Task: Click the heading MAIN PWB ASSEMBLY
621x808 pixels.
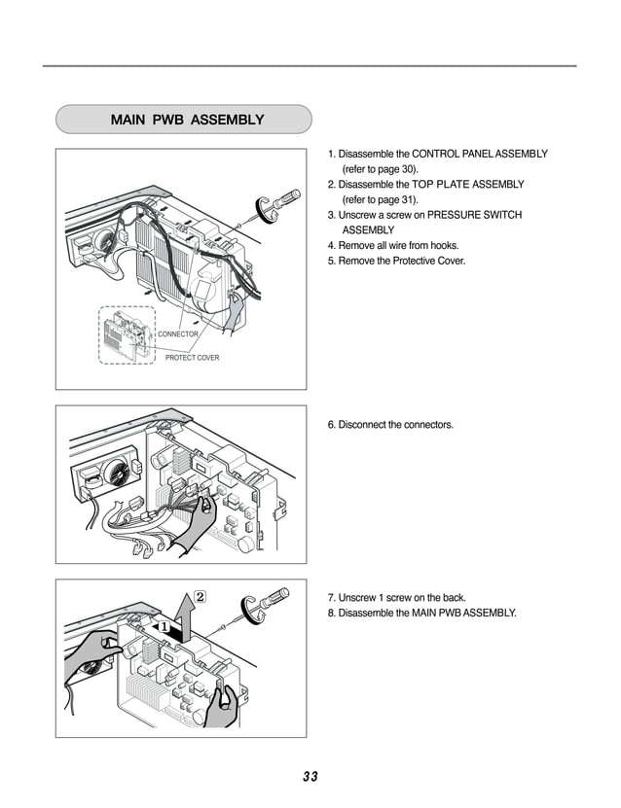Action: (x=187, y=121)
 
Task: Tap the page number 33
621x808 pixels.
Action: (x=310, y=776)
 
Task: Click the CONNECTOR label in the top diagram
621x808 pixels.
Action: (x=178, y=334)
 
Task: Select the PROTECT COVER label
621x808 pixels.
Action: (x=192, y=358)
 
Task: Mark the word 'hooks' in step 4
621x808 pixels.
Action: (x=444, y=245)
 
